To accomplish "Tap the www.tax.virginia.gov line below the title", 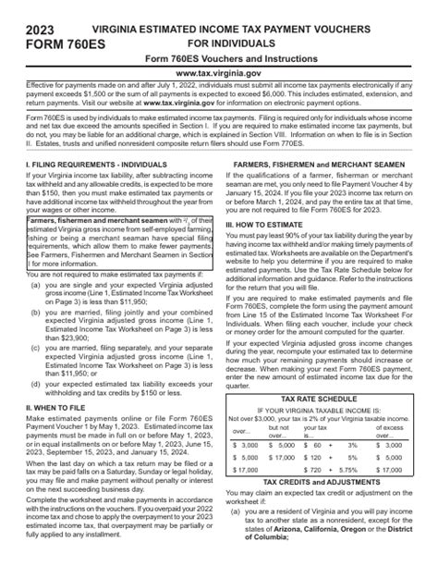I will click(x=219, y=71).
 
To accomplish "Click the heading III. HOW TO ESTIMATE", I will click(x=272, y=225).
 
